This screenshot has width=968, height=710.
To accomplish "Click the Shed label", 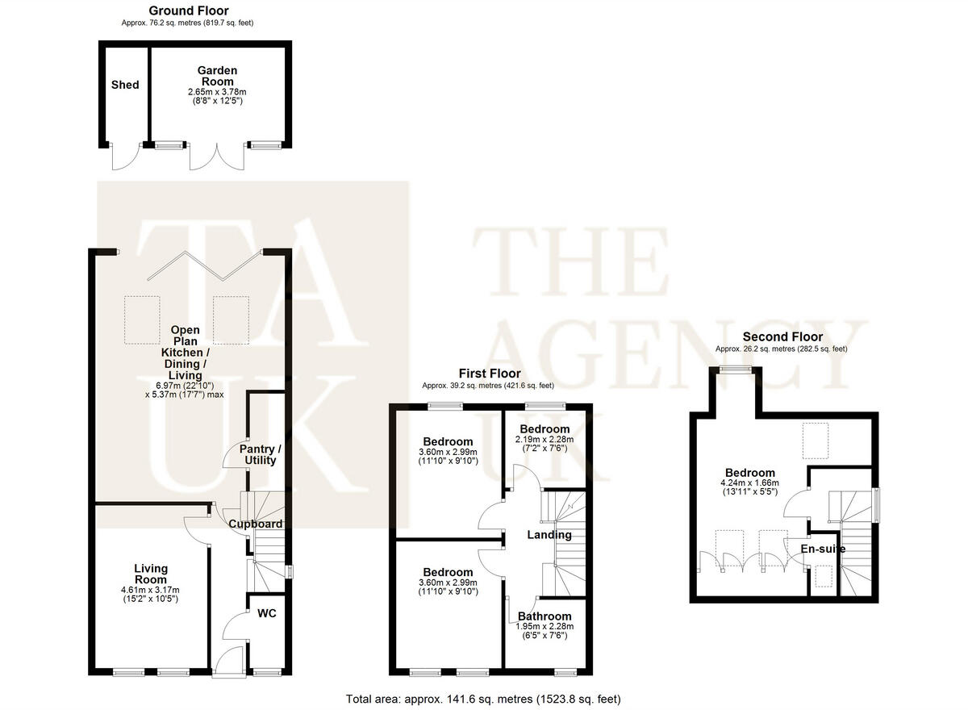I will [125, 85].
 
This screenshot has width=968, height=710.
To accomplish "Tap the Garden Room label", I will [217, 76].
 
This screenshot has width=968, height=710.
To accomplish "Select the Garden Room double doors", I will [216, 156].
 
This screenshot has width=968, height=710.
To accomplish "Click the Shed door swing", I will [126, 157].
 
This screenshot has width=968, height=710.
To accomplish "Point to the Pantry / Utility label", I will [260, 454].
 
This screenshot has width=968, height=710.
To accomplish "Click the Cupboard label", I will [255, 524].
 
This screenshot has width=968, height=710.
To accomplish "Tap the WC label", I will [267, 613].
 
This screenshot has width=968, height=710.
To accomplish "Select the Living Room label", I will [150, 574].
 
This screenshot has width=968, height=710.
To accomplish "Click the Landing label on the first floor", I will [549, 534].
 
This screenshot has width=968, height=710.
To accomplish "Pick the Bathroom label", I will [544, 616].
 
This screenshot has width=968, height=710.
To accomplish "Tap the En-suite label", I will [823, 549].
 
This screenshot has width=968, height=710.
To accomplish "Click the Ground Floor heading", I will [189, 10].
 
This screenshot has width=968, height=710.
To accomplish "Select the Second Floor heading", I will [782, 336].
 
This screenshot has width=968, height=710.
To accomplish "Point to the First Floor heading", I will [490, 374].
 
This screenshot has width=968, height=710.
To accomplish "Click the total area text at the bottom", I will [483, 699].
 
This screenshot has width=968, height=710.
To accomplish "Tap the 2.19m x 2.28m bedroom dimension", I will [544, 440].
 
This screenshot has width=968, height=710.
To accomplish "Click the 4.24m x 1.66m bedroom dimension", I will [749, 484].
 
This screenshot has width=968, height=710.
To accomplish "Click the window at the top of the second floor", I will [735, 370].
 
